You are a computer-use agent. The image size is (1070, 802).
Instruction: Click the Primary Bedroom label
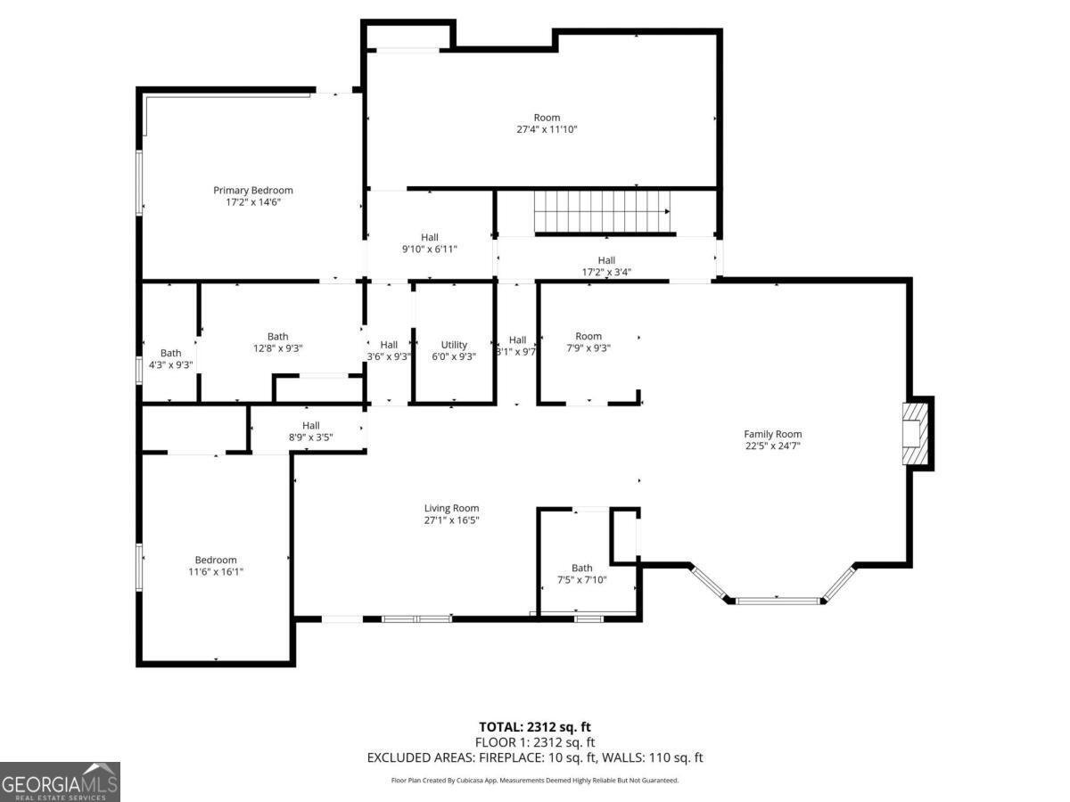click(x=253, y=191)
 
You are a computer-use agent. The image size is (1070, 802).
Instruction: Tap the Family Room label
click(x=773, y=434)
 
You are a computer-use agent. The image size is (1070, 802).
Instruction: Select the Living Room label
click(x=451, y=508)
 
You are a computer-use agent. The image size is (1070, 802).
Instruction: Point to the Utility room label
click(x=454, y=345)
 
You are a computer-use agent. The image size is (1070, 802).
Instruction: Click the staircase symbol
click(x=602, y=212)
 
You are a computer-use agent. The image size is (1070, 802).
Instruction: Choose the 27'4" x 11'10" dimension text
click(x=547, y=129)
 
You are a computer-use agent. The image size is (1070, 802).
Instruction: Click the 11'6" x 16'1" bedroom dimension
click(x=216, y=572)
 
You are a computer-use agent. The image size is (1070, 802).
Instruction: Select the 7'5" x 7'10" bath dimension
click(x=582, y=579)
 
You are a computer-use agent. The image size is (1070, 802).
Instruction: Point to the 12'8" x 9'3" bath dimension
click(x=278, y=348)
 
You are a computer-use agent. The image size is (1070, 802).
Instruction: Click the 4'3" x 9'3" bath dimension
click(x=170, y=364)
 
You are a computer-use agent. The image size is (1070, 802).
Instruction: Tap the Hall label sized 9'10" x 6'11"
click(x=430, y=237)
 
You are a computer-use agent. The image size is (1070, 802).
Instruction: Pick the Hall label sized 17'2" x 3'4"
click(x=606, y=260)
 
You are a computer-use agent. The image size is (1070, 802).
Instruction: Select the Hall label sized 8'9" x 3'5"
click(x=311, y=425)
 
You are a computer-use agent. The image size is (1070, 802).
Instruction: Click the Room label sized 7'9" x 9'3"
click(x=588, y=336)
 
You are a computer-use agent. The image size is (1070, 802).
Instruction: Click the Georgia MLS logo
click(x=60, y=782)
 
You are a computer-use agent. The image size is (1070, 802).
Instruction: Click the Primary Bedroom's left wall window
click(x=139, y=183)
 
